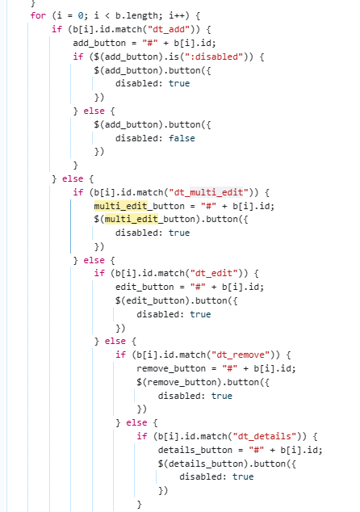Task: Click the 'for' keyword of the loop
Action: click(38, 15)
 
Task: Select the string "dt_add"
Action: click(169, 29)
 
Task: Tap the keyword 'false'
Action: click(182, 138)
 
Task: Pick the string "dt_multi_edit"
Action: click(208, 192)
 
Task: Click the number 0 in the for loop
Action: click(81, 15)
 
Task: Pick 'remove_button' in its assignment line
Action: click(171, 368)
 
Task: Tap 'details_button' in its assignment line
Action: click(195, 450)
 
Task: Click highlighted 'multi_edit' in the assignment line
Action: click(121, 206)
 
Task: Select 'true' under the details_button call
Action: click(243, 476)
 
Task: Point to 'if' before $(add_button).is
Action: click(78, 57)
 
